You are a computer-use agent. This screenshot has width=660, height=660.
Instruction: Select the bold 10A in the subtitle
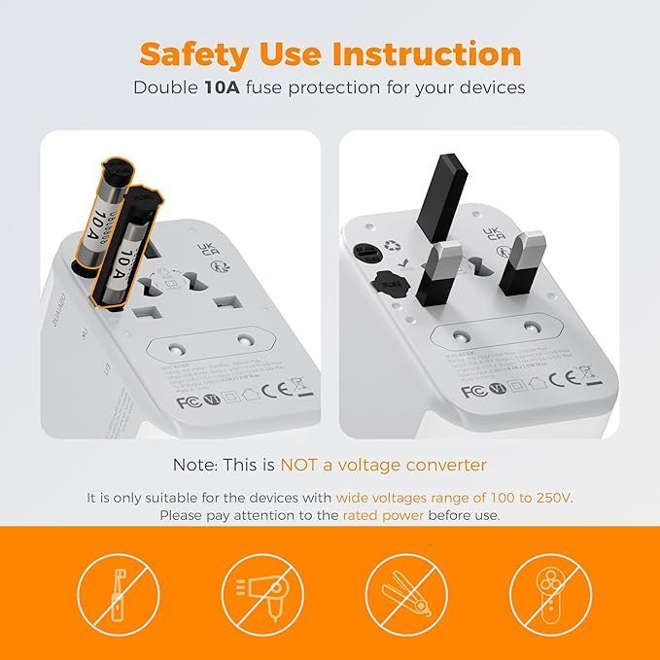[225, 87]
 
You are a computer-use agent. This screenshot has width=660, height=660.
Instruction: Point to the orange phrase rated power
[383, 515]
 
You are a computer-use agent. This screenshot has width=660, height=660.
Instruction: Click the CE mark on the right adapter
[558, 376]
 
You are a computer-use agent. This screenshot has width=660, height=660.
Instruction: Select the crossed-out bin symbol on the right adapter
[586, 373]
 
